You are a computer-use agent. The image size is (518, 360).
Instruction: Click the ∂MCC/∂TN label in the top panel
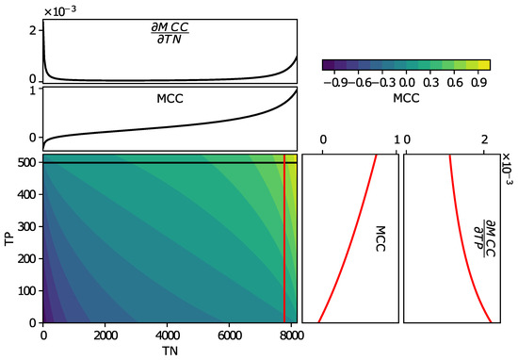(x=170, y=39)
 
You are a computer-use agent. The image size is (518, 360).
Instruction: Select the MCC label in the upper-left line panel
(x=170, y=97)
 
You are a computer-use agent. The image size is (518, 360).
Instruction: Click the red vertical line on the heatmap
(x=284, y=245)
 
